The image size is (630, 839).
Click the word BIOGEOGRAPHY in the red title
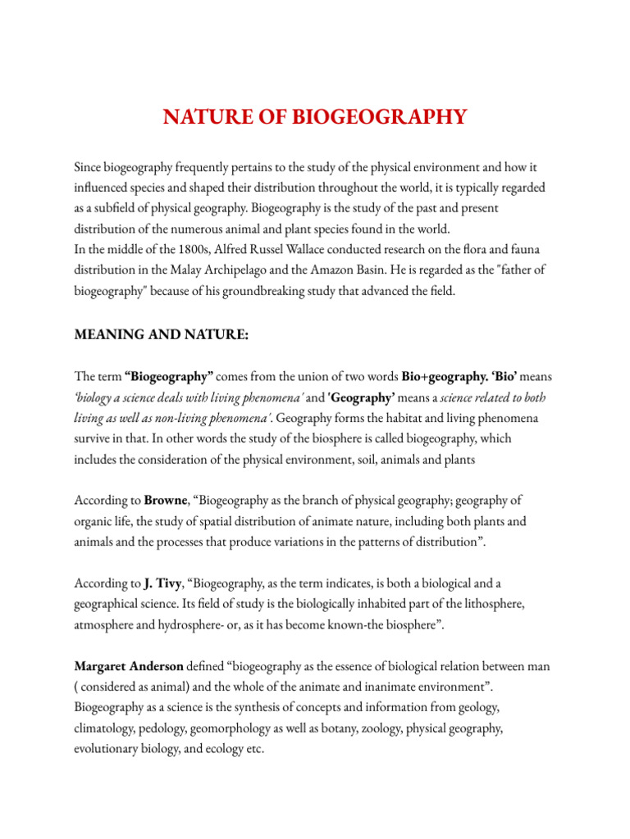click(385, 117)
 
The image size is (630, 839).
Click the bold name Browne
click(167, 500)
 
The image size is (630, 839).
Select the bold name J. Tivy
click(159, 583)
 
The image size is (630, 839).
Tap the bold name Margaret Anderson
click(129, 667)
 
